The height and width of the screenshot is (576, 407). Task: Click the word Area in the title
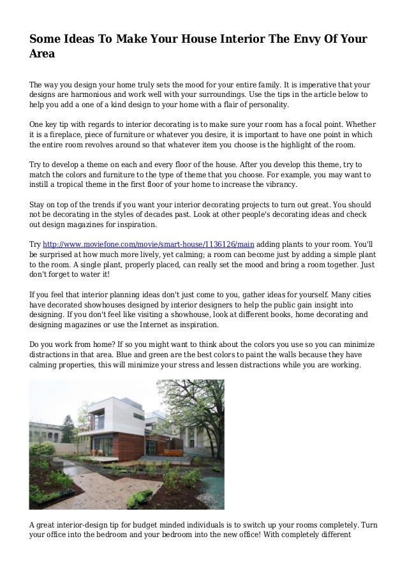pyautogui.click(x=43, y=55)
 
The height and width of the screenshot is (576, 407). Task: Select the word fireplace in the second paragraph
pyautogui.click(x=70, y=135)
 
